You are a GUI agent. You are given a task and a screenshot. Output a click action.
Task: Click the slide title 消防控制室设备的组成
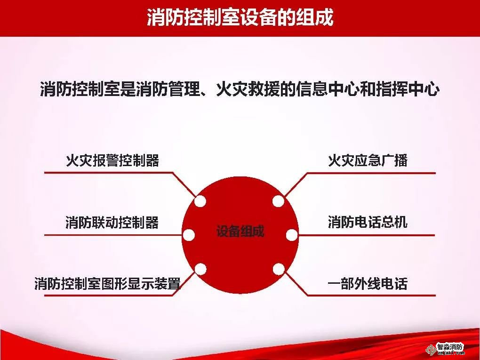pyautogui.click(x=240, y=17)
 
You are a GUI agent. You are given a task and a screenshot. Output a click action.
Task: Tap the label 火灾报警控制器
pyautogui.click(x=112, y=160)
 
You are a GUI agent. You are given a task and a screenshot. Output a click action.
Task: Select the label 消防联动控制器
pyautogui.click(x=112, y=222)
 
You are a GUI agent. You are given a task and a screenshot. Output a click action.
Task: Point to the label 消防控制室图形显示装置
pyautogui.click(x=107, y=283)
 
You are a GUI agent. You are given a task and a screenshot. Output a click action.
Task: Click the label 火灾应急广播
pyautogui.click(x=368, y=160)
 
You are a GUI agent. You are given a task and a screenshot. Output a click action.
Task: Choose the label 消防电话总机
pyautogui.click(x=368, y=222)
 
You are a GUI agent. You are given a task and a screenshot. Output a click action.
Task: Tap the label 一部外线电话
pyautogui.click(x=368, y=283)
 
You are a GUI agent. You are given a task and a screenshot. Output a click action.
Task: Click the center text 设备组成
pyautogui.click(x=240, y=231)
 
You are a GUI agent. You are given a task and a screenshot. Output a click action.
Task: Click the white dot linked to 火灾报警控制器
pyautogui.click(x=200, y=201)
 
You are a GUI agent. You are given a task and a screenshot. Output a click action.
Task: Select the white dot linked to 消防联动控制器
pyautogui.click(x=189, y=235)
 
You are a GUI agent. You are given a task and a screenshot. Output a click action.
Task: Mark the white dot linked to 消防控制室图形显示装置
pyautogui.click(x=200, y=269)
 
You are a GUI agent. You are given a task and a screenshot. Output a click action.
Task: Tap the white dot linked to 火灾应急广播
pyautogui.click(x=278, y=201)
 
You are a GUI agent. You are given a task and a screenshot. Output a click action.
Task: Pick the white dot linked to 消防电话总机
pyautogui.click(x=292, y=235)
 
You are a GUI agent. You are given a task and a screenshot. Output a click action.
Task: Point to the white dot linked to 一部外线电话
pyautogui.click(x=278, y=269)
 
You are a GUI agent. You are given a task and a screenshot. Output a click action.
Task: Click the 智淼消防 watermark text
pyautogui.click(x=450, y=347)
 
